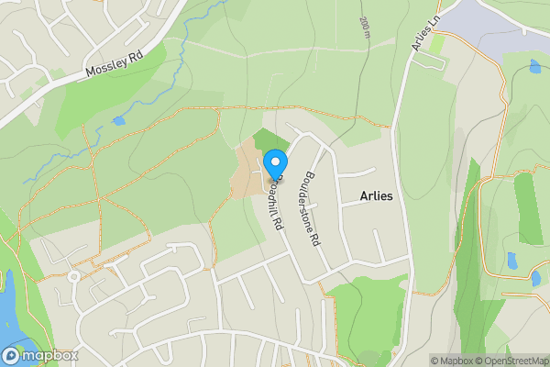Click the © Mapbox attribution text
[452, 361]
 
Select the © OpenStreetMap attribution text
[511, 361]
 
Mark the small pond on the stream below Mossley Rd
[118, 120]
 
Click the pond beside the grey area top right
[534, 66]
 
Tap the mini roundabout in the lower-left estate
[72, 276]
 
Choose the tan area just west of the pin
[246, 171]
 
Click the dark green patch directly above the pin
[270, 140]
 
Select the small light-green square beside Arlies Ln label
[437, 43]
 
